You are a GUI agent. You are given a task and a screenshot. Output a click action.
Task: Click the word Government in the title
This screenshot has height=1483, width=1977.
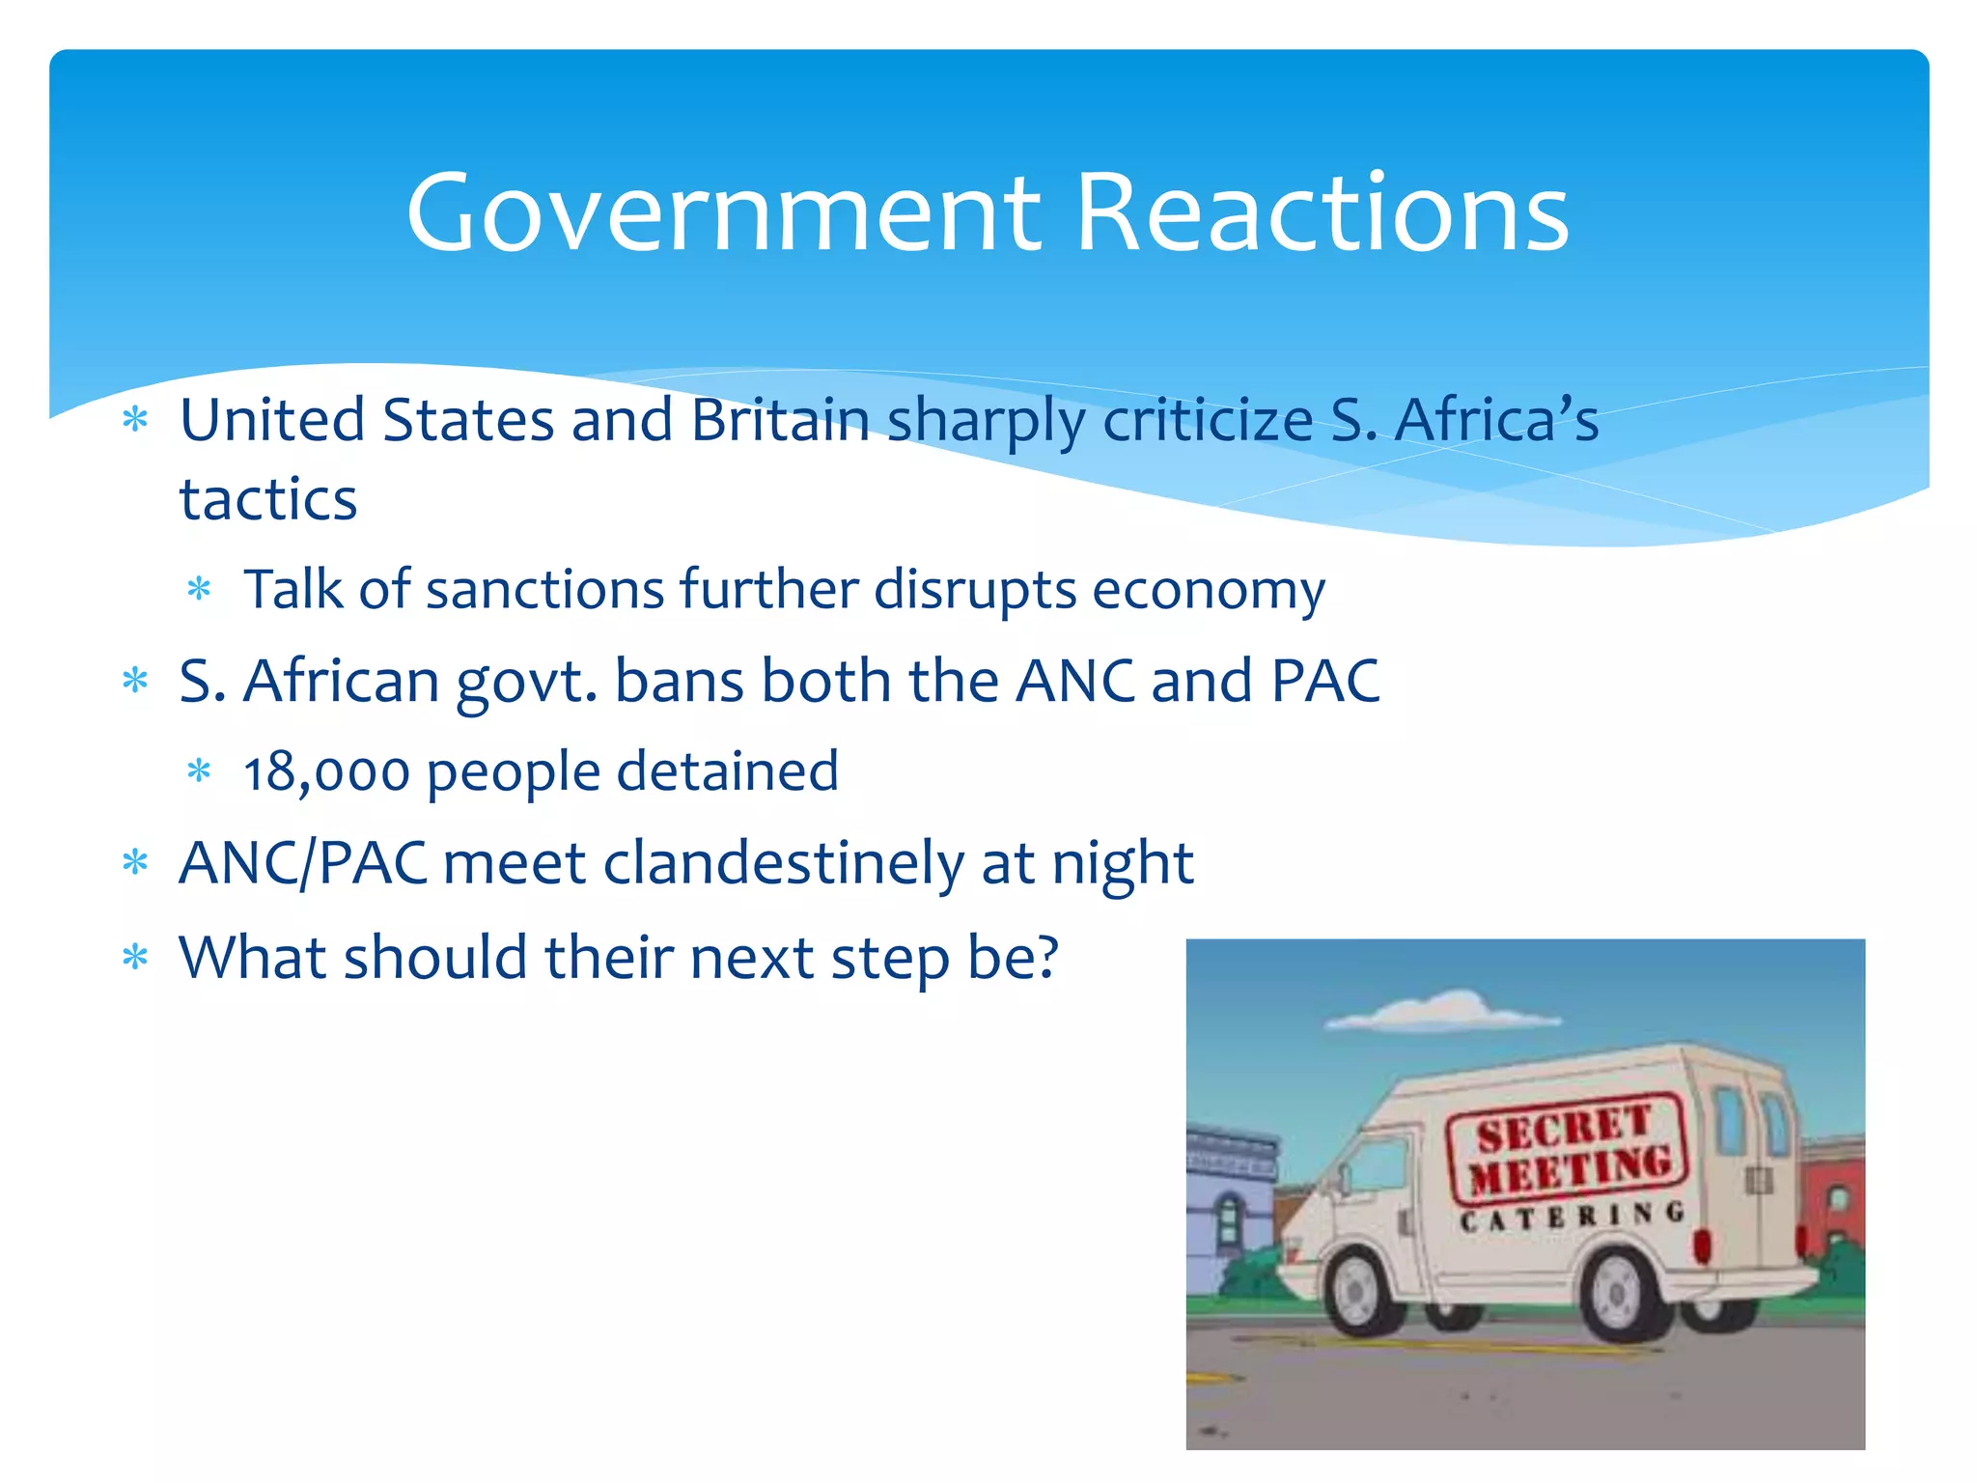tap(724, 213)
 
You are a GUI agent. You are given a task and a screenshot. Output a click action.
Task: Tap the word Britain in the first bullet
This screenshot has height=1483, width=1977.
tap(780, 421)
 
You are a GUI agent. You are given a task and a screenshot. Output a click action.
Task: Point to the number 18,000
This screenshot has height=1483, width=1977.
tap(326, 772)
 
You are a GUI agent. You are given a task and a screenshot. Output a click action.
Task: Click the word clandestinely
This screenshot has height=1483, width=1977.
tap(783, 862)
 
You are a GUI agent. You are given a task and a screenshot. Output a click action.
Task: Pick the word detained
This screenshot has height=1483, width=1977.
tap(728, 771)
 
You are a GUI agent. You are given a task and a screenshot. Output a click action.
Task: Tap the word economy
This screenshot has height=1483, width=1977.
tap(1209, 591)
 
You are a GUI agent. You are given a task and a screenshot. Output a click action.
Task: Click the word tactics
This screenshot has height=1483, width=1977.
tap(268, 499)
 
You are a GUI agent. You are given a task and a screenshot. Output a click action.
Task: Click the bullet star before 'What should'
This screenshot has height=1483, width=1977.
tap(135, 958)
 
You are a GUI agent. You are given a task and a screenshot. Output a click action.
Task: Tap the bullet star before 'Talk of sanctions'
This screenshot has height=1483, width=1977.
tap(199, 589)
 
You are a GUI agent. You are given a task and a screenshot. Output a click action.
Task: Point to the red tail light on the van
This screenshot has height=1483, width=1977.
tap(1701, 1245)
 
